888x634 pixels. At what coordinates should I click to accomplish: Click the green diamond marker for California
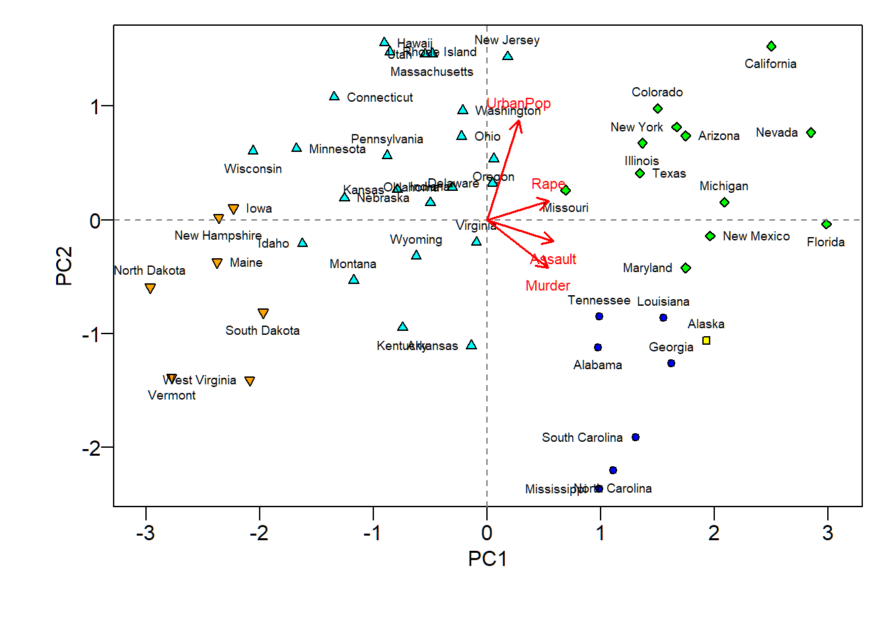(771, 46)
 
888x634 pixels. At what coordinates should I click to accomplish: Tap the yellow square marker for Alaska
(706, 341)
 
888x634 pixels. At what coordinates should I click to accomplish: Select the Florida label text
(825, 242)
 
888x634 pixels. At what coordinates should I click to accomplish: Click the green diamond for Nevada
(811, 133)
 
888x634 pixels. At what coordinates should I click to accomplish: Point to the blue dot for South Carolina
(636, 437)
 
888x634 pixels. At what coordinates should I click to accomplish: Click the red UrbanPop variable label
(519, 104)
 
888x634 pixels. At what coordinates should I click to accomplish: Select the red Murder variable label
(548, 286)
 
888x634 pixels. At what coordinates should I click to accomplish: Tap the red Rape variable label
(548, 184)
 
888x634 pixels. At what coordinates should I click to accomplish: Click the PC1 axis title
(487, 559)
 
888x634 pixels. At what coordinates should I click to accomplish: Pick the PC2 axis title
(64, 265)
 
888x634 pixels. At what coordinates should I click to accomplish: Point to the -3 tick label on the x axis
(145, 533)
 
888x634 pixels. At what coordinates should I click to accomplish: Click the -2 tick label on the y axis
(92, 448)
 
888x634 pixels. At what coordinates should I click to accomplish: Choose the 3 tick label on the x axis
(827, 533)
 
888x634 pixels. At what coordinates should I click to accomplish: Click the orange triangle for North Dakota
(150, 289)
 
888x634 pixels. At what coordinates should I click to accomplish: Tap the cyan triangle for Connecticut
(334, 96)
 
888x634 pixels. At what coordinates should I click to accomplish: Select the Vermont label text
(172, 396)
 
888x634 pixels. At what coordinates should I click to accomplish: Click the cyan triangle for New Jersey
(507, 56)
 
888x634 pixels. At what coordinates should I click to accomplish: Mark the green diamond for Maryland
(686, 268)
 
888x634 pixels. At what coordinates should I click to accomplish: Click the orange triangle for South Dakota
(263, 313)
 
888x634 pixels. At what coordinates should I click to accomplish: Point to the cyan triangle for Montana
(353, 279)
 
